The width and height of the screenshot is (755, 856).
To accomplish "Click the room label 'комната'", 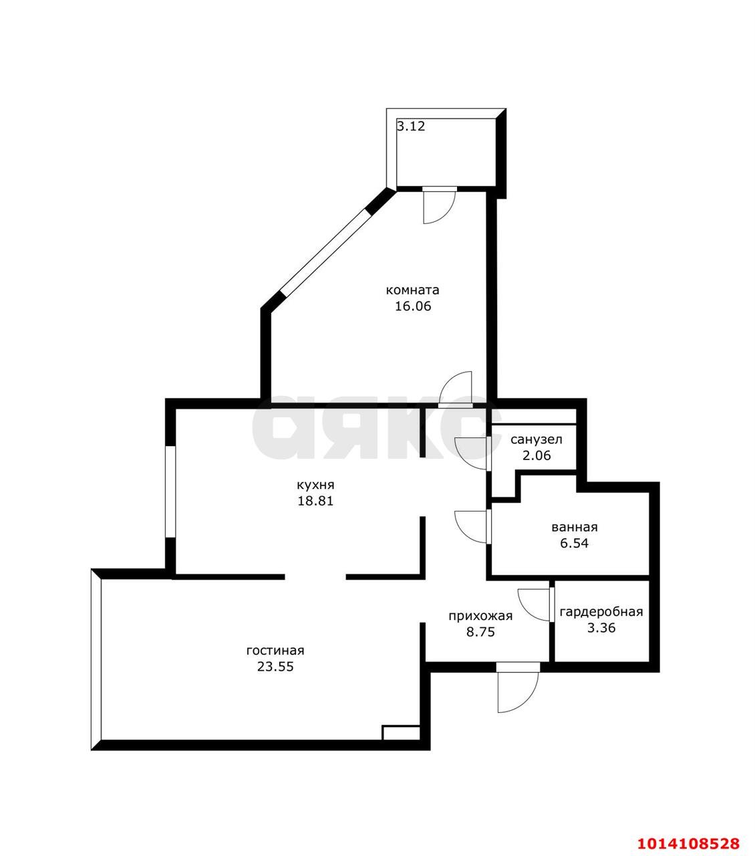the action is pos(412,291).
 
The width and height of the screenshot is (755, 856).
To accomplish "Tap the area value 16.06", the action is pos(413,306).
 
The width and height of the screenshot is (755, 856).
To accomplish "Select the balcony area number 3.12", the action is pos(411,126).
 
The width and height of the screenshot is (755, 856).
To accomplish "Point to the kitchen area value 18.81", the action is pos(315,501).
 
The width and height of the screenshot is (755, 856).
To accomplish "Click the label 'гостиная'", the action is pos(275,651).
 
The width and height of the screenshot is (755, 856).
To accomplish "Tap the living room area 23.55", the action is pos(275,667).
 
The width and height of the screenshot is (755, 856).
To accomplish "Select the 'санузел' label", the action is pos(537,440).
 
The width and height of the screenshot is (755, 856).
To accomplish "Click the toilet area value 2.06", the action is pos(537,455).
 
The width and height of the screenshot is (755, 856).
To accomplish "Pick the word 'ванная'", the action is pos(575,527).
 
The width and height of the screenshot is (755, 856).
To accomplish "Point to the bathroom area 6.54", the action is pos(575,543).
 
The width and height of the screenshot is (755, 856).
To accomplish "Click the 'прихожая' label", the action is pos(480,617).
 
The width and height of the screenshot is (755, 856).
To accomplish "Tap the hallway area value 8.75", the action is pos(480,632).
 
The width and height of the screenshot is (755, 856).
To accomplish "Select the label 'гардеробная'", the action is pos(601,612).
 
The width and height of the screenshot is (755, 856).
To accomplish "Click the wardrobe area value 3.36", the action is pos(601,628).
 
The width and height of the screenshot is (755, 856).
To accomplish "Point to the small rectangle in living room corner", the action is pos(401,733).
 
